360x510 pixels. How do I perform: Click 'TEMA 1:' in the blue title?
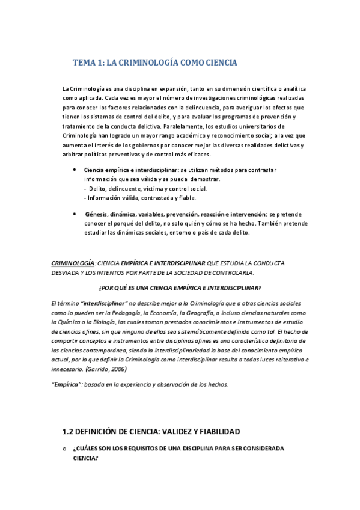click(x=88, y=63)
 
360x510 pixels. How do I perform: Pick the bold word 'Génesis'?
click(x=97, y=214)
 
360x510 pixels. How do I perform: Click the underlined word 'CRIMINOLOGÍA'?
click(x=73, y=263)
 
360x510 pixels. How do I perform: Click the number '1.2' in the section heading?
click(x=69, y=431)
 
